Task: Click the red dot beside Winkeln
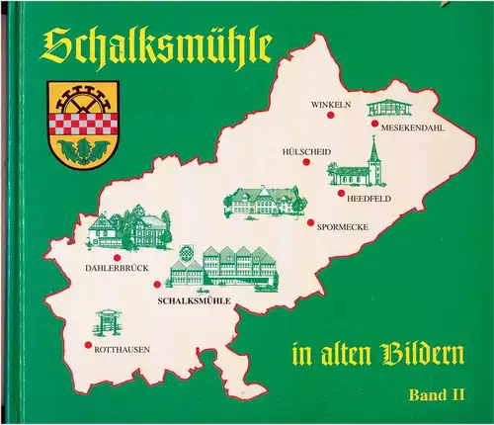pos(331,116)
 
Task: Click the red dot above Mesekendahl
pos(374,125)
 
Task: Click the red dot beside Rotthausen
pos(88,345)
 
